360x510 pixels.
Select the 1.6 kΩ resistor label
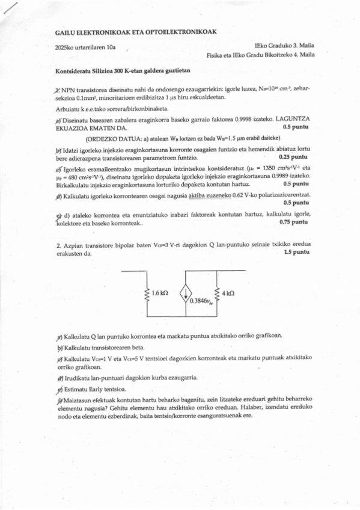click(x=160, y=293)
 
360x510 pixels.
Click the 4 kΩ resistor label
click(x=228, y=293)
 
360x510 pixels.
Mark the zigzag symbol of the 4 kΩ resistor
click(x=216, y=295)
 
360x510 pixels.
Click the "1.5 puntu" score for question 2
click(x=296, y=253)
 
